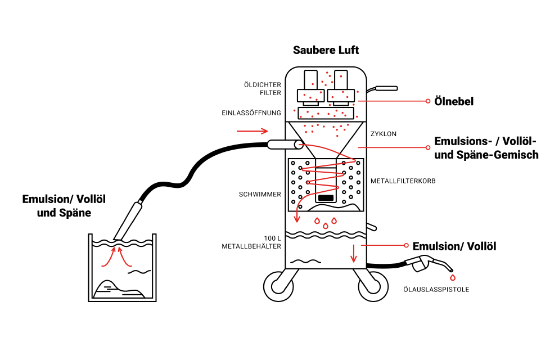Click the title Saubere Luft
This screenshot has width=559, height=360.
[x=326, y=51]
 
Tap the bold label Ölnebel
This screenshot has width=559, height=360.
[x=454, y=102]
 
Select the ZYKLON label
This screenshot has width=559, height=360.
[x=384, y=134]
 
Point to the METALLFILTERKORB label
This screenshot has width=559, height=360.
[x=403, y=182]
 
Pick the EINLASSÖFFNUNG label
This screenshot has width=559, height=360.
[x=251, y=113]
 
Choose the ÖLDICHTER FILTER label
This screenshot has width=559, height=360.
[x=262, y=89]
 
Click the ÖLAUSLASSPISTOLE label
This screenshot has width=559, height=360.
[x=436, y=290]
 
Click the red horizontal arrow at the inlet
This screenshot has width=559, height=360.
[x=253, y=132]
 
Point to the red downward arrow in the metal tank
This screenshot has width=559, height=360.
[x=354, y=254]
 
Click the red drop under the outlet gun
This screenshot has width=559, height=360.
[x=452, y=277]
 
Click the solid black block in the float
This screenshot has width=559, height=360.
[x=326, y=198]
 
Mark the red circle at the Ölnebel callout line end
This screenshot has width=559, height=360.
[x=428, y=101]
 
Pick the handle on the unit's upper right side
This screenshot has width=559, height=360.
[x=384, y=88]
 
